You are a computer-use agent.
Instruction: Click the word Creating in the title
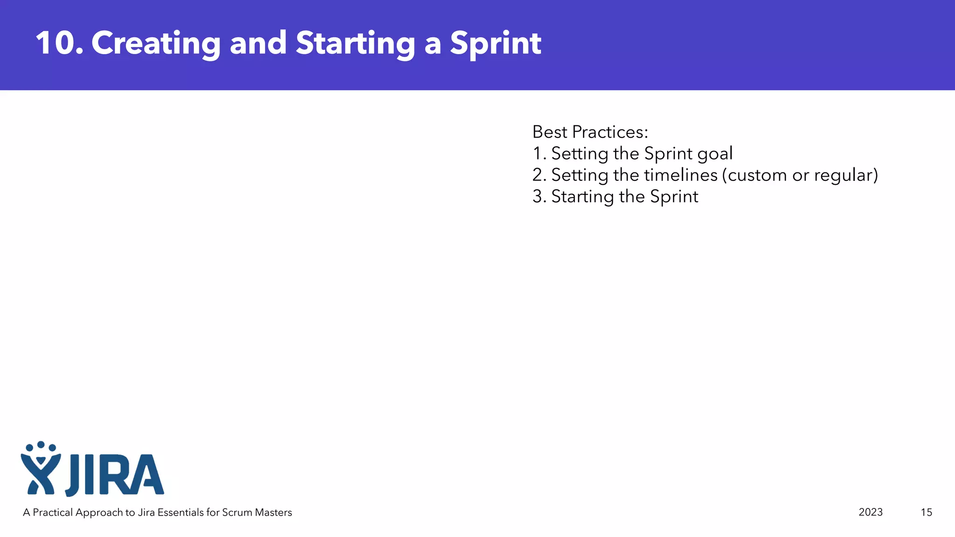pos(156,43)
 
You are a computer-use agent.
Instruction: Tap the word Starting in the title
pos(355,43)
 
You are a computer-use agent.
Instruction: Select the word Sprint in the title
pos(495,43)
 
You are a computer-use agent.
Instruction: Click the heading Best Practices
pos(590,132)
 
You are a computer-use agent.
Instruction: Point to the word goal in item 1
pos(715,154)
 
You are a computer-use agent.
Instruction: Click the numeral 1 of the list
pos(537,154)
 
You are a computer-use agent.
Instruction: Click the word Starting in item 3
pos(582,197)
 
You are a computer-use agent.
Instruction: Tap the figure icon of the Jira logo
pos(41,468)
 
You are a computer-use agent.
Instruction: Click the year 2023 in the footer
pos(870,512)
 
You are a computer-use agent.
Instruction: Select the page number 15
pos(926,512)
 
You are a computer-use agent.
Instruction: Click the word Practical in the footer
pos(53,512)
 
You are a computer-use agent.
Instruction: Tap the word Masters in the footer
pos(273,512)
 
